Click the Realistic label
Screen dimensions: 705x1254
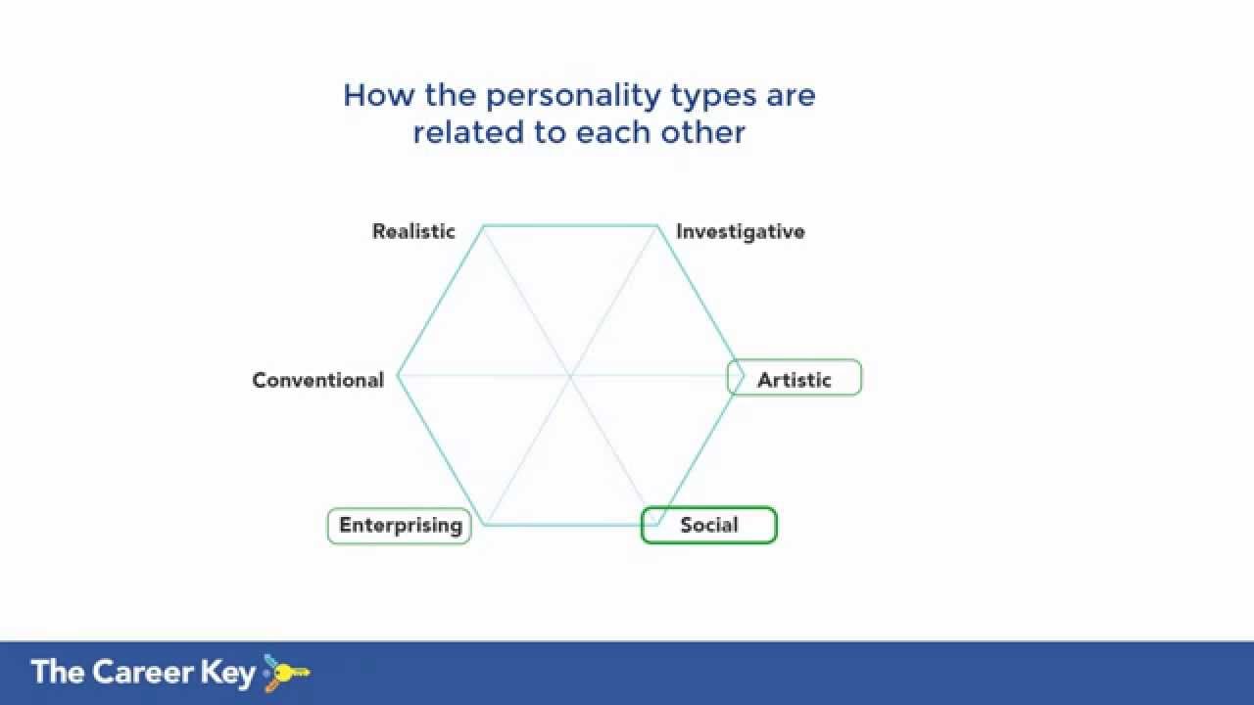[x=413, y=232]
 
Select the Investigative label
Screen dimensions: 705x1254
[x=740, y=232]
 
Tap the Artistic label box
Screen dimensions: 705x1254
[x=795, y=379]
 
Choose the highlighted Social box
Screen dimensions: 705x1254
[x=708, y=525]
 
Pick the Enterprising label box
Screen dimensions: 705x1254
[x=400, y=526]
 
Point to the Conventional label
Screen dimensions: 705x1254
[x=317, y=380]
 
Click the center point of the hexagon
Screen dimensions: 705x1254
[x=570, y=376]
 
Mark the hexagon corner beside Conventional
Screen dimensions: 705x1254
[x=398, y=376]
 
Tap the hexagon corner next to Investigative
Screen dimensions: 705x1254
[x=657, y=226]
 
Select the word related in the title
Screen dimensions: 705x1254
[x=467, y=132]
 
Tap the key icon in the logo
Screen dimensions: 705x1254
[x=285, y=673]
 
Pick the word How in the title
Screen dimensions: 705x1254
[x=373, y=95]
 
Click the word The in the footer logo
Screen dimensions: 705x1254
[x=58, y=672]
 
